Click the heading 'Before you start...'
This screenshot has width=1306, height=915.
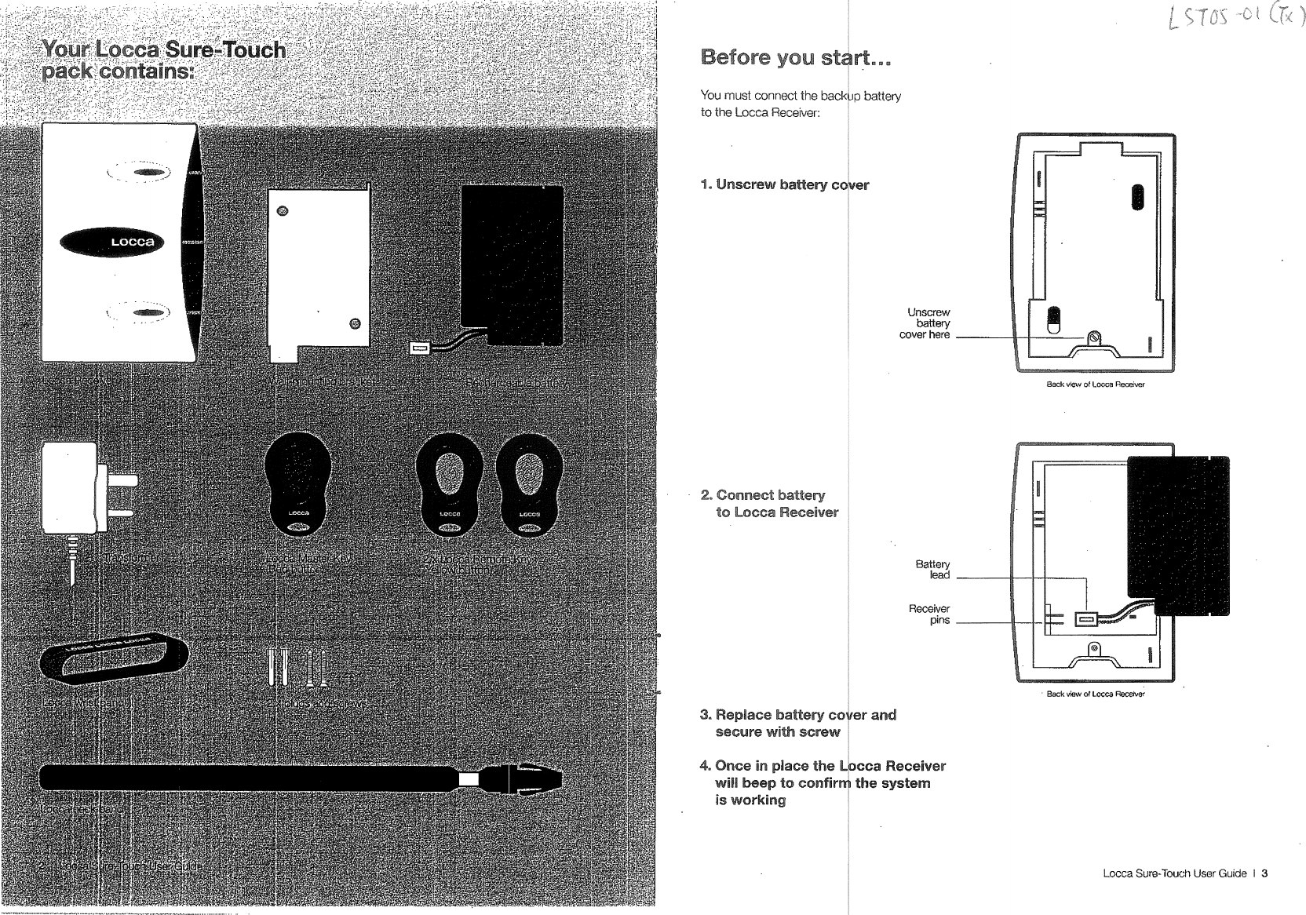click(x=797, y=58)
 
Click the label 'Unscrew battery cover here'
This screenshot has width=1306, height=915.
click(x=926, y=323)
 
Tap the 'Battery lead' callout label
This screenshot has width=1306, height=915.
click(x=933, y=570)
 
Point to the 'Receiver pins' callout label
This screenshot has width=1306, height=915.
click(x=930, y=614)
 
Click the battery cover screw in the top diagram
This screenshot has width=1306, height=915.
click(x=1095, y=339)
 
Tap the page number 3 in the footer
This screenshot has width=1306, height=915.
click(x=1264, y=874)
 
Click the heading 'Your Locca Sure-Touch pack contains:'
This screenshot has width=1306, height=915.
click(x=163, y=60)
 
